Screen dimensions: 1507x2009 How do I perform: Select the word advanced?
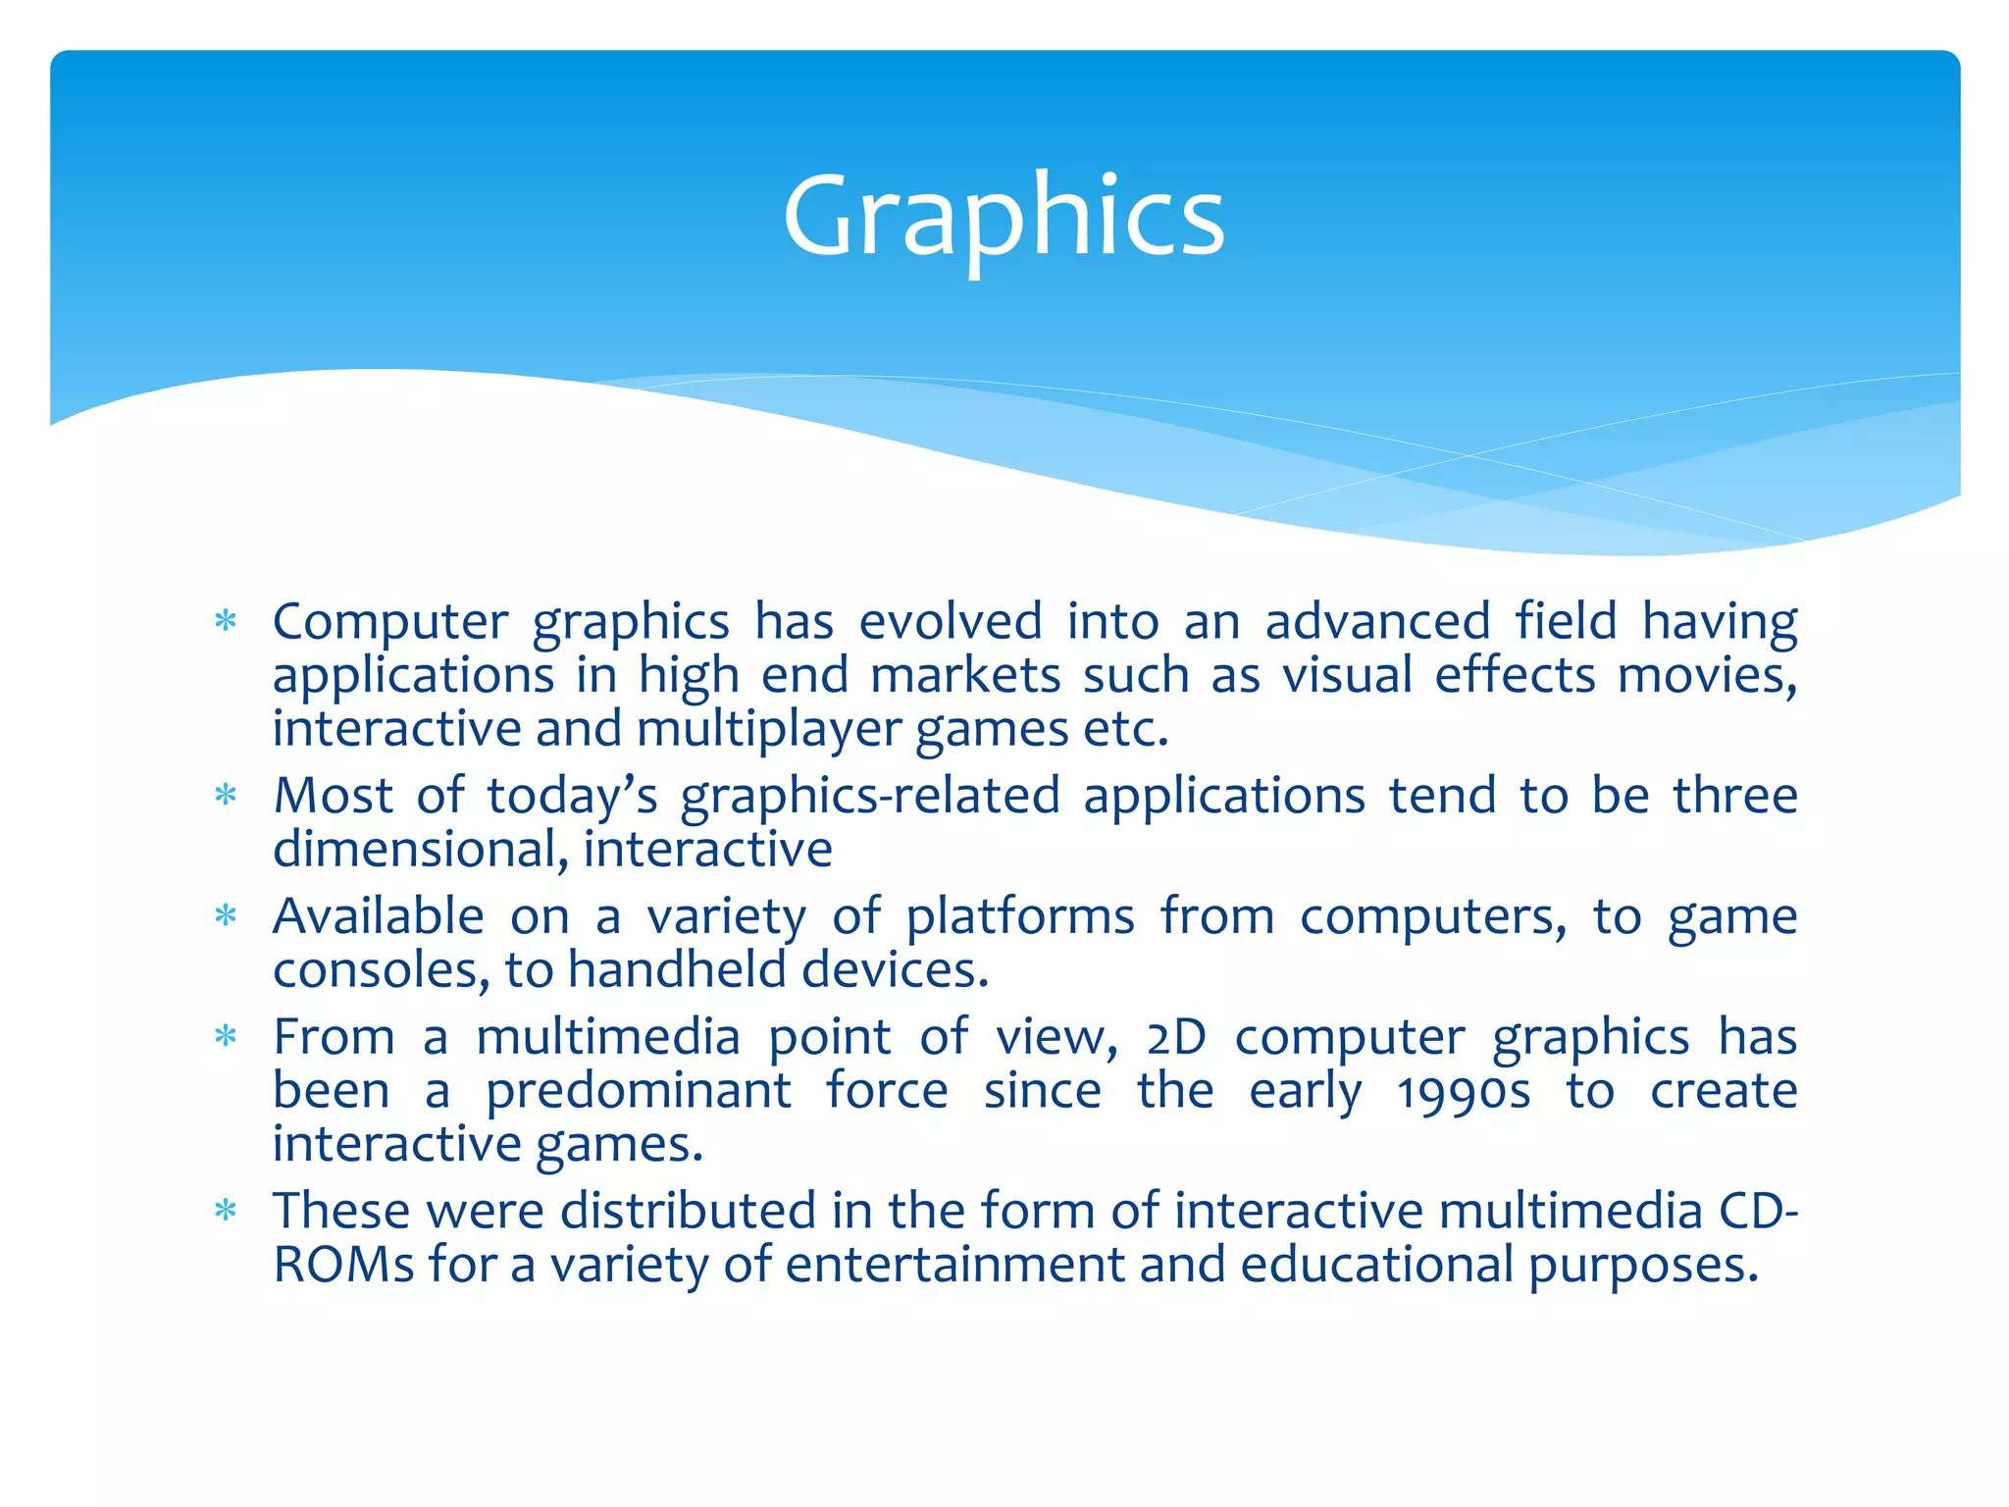tap(1377, 622)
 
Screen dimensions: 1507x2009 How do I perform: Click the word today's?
tap(572, 796)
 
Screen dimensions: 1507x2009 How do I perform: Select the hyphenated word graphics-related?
tap(870, 798)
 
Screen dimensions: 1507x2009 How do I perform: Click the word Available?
tap(379, 917)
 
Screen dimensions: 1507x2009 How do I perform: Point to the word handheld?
tap(677, 970)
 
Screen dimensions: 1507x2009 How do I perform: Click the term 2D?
tap(1176, 1038)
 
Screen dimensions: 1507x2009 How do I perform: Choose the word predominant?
tap(639, 1092)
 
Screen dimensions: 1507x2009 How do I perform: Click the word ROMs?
tap(343, 1265)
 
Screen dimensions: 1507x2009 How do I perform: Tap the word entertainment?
tap(954, 1265)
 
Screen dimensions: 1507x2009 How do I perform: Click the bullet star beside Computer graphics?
tap(227, 622)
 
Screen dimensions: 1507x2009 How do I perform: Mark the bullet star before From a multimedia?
tap(227, 1037)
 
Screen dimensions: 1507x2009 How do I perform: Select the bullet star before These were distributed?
tap(227, 1212)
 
